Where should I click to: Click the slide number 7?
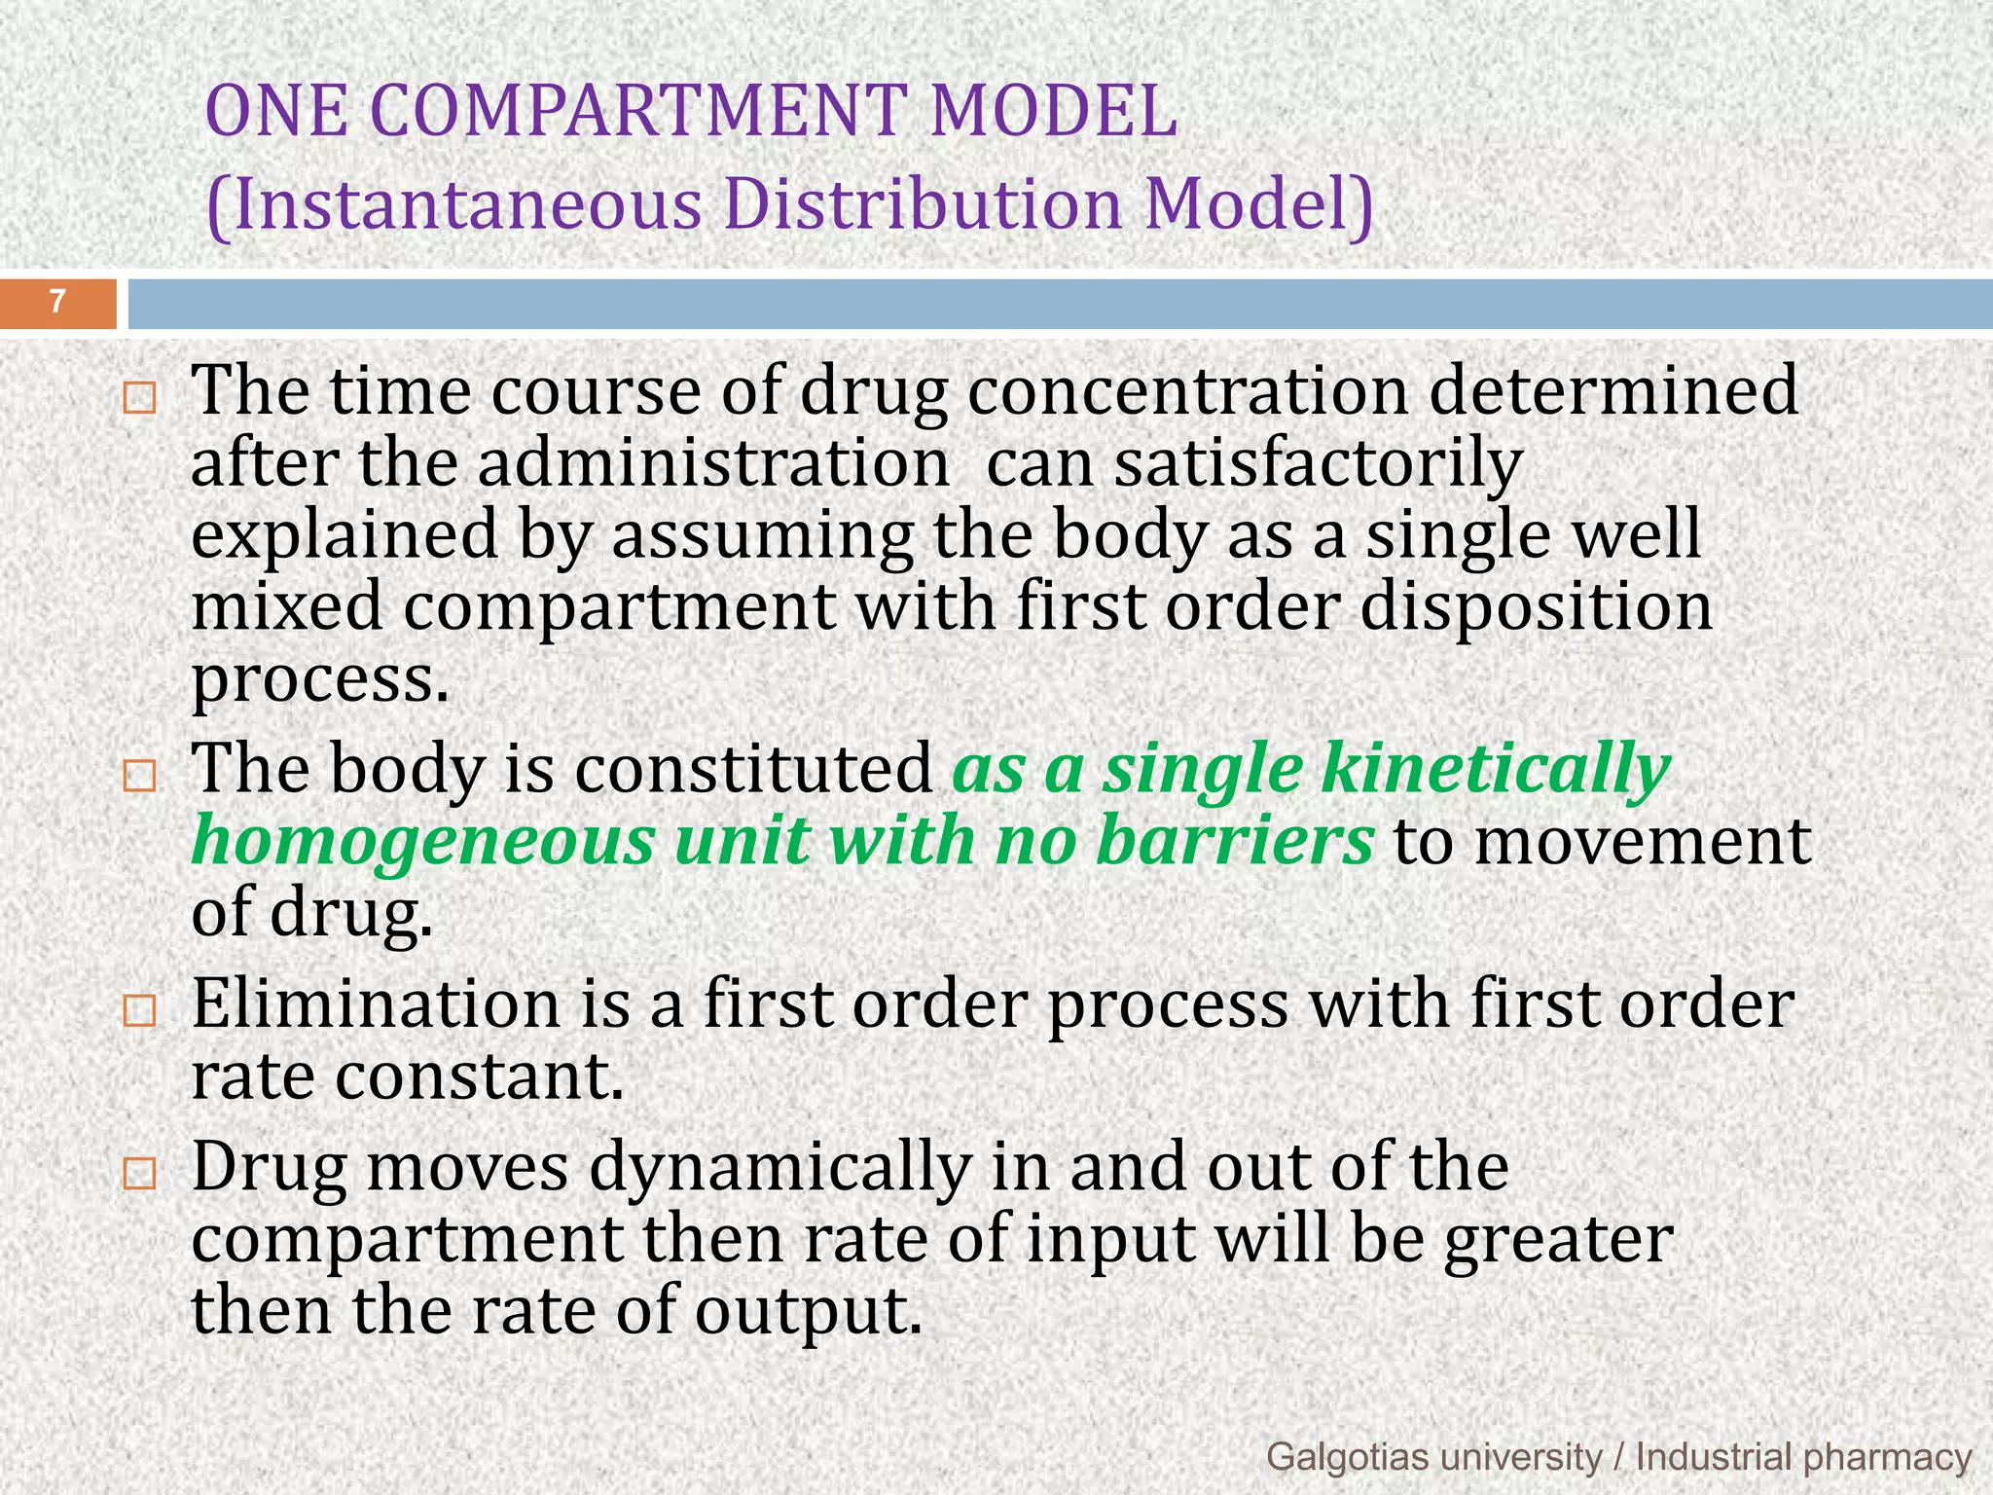coord(57,302)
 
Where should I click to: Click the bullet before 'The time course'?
coord(140,399)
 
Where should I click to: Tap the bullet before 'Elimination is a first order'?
coord(140,1011)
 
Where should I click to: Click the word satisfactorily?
coord(1319,465)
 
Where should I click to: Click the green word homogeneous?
coord(422,843)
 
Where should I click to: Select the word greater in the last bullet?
coord(1558,1240)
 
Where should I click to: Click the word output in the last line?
coord(807,1312)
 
